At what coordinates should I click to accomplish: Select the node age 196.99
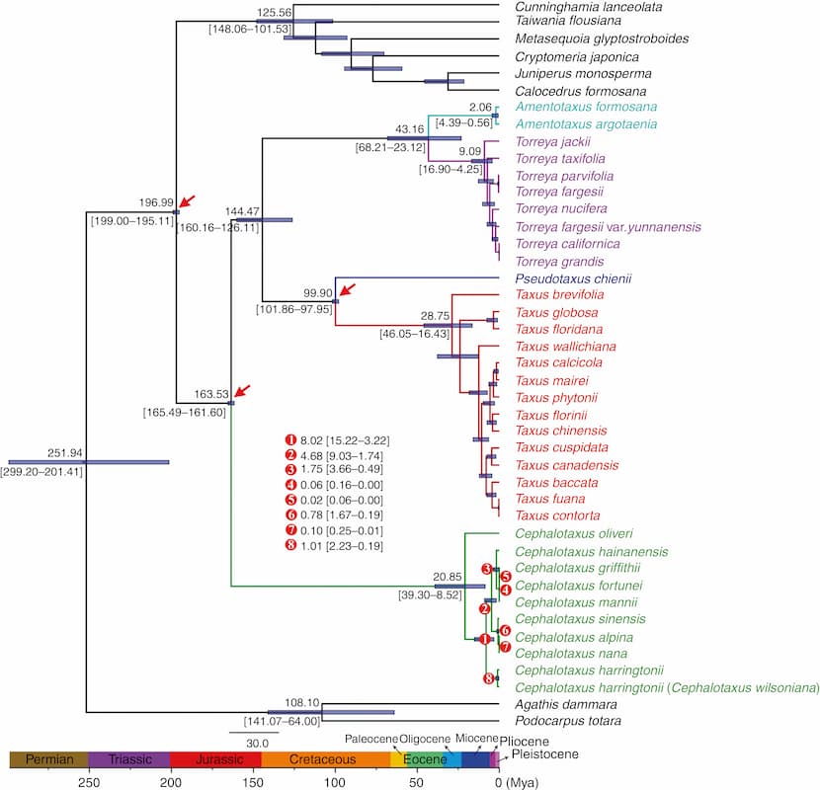click(x=154, y=202)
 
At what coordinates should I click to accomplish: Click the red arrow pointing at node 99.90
click(x=347, y=289)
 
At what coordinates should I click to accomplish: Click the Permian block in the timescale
click(x=48, y=759)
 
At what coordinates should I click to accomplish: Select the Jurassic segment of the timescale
click(x=215, y=759)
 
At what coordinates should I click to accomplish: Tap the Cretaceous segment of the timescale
click(x=325, y=759)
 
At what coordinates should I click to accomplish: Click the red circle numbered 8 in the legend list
click(x=291, y=546)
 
